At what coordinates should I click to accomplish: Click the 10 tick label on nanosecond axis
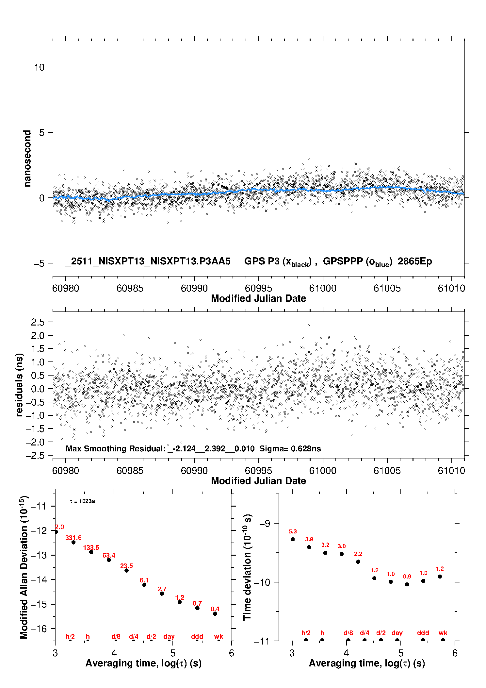[39, 67]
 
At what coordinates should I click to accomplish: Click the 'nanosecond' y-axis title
[27, 159]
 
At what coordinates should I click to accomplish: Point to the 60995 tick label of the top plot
[258, 288]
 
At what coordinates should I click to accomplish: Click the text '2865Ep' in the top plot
[415, 261]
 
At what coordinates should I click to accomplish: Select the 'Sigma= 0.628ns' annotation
[290, 449]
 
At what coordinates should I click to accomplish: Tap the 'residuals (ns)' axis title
[20, 385]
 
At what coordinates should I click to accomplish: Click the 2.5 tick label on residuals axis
[38, 322]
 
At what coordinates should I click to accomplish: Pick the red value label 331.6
[73, 538]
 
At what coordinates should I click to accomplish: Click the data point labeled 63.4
[109, 560]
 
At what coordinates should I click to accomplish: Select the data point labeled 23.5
[126, 570]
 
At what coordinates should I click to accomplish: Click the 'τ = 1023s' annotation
[82, 501]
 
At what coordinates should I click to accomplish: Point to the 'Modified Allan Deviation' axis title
[24, 567]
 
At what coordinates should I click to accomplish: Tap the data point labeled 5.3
[293, 539]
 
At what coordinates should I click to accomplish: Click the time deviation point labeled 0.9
[407, 584]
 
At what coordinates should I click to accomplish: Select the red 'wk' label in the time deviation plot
[443, 633]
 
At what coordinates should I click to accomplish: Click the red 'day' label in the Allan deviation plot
[169, 636]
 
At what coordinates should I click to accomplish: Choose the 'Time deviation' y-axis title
[248, 567]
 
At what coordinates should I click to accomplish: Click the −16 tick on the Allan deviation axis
[39, 629]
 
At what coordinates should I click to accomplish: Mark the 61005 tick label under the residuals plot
[387, 471]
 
